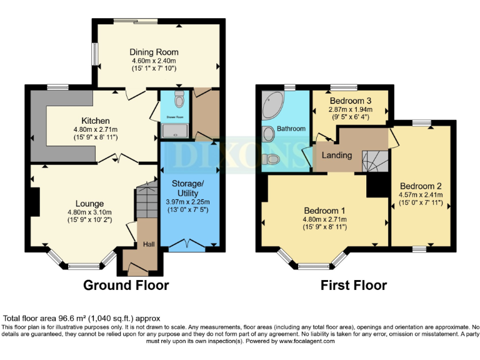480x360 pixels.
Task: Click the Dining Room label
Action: tap(154, 52)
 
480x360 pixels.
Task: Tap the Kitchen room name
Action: tap(95, 121)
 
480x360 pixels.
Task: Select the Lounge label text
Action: tap(89, 204)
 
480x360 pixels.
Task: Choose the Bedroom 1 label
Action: tap(325, 211)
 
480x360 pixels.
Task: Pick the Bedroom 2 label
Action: tap(421, 186)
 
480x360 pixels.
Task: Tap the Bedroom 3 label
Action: tap(351, 101)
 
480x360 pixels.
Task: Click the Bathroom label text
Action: tap(291, 129)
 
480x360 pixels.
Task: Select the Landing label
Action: tap(337, 155)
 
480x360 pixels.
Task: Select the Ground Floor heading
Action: tap(126, 286)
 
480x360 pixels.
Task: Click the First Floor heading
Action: tap(354, 286)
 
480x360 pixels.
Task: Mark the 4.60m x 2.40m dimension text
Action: tap(154, 61)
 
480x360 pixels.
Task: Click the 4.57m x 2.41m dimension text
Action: tap(421, 195)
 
